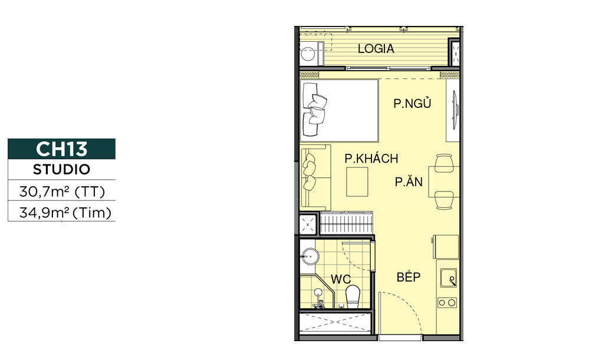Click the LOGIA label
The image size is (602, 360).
(376, 49)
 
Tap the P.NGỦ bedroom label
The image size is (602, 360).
(412, 103)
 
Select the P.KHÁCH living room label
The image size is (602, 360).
(371, 158)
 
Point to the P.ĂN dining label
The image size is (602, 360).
(409, 181)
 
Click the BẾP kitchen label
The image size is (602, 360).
(409, 277)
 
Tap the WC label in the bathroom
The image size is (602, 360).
(341, 279)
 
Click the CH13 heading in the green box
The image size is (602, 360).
(61, 149)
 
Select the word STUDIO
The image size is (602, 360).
(61, 170)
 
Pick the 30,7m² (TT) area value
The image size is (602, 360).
(62, 191)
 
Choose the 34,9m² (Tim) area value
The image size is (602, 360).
(65, 212)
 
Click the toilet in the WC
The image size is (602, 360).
(353, 297)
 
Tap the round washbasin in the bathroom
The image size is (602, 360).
(310, 256)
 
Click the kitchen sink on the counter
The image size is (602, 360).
(449, 278)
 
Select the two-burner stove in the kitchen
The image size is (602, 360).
(448, 303)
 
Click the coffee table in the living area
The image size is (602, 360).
(357, 182)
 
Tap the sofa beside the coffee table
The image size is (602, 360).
(315, 178)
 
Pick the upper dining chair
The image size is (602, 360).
(444, 163)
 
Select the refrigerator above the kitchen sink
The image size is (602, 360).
(446, 247)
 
